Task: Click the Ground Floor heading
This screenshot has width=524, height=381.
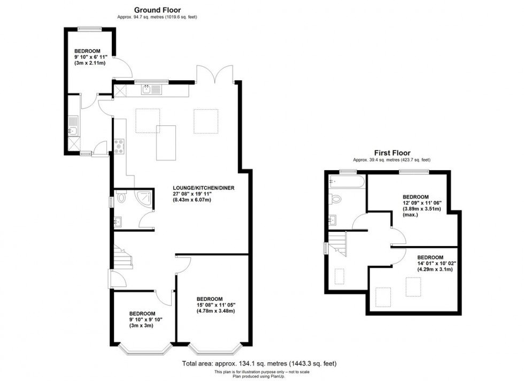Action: (157, 10)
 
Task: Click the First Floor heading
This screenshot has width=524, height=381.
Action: (391, 153)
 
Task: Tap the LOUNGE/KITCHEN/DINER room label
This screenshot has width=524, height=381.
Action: (203, 188)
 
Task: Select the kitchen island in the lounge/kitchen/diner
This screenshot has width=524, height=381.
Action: (166, 142)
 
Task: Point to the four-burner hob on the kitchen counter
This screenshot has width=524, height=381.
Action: (119, 145)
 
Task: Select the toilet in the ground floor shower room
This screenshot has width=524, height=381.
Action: (121, 199)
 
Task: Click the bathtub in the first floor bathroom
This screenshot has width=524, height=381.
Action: (347, 182)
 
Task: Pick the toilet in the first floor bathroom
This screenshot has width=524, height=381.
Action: (335, 199)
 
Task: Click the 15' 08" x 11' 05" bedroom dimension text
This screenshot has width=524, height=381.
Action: (215, 305)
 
